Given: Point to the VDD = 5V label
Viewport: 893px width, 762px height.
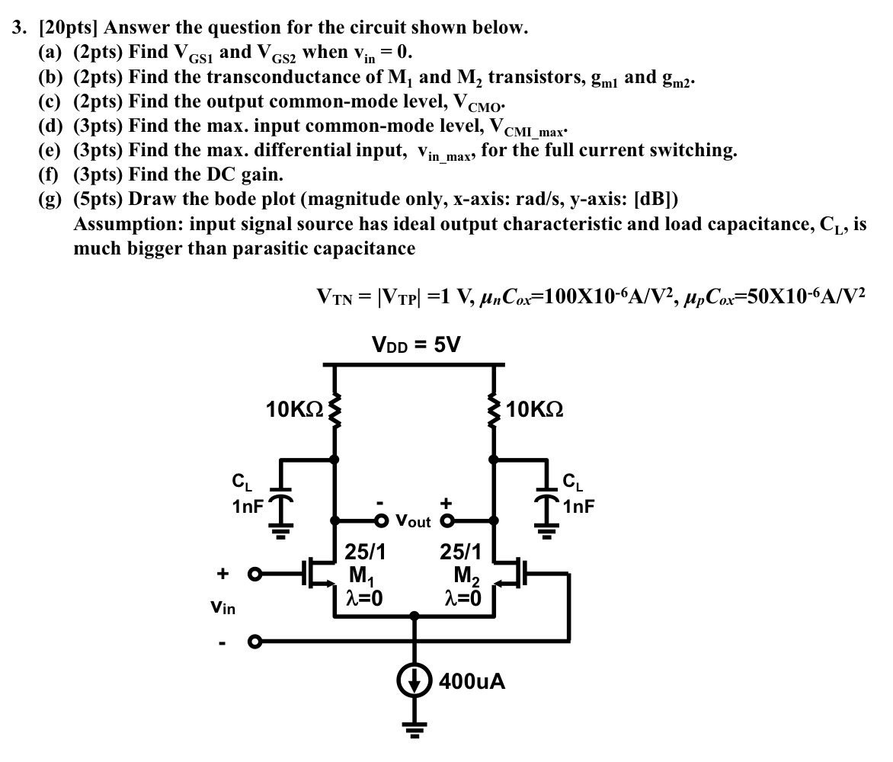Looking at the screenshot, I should [x=416, y=344].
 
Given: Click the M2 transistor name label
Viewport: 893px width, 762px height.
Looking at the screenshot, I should [x=467, y=574].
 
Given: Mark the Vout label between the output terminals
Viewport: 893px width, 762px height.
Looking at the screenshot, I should [x=414, y=522].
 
